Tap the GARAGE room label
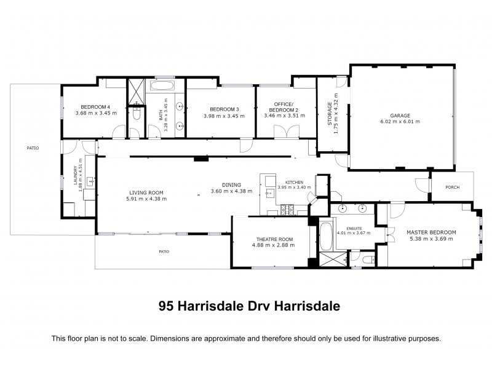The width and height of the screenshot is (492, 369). tap(400, 115)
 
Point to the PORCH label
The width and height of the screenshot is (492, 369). tap(452, 188)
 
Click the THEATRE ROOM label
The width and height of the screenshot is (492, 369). tap(274, 239)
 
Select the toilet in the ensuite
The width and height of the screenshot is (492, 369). tap(368, 261)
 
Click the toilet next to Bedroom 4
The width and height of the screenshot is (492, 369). tap(137, 114)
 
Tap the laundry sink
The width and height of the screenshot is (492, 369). tap(90, 181)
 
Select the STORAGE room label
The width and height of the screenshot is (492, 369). tap(329, 114)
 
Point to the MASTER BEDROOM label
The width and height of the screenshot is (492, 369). tap(431, 232)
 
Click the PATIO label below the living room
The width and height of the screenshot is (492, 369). tap(164, 251)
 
